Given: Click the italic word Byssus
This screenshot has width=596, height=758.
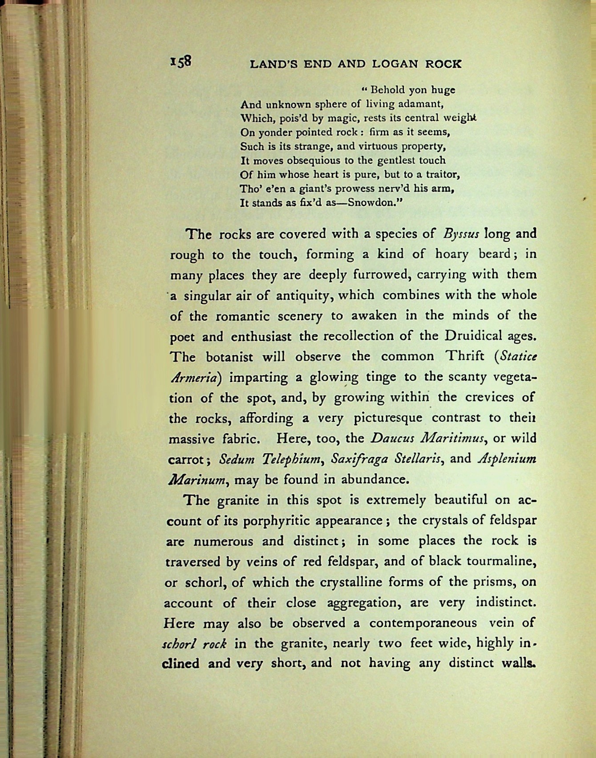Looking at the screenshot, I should pyautogui.click(x=460, y=234).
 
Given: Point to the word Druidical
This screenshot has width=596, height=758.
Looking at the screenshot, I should pyautogui.click(x=475, y=336).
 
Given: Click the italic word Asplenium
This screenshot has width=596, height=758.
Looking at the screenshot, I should pyautogui.click(x=508, y=459).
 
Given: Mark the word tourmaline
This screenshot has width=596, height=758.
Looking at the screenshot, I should pyautogui.click(x=500, y=561).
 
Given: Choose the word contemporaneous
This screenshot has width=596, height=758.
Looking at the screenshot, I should pyautogui.click(x=423, y=623).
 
